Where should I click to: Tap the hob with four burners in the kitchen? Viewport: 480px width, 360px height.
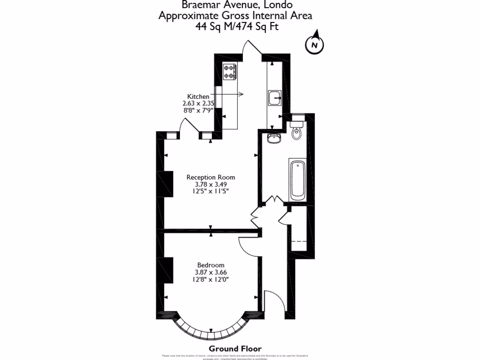(230, 71)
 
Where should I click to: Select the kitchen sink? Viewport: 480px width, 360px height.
(274, 97)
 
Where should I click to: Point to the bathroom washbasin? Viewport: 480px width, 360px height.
(273, 137)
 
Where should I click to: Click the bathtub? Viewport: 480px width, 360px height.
(297, 179)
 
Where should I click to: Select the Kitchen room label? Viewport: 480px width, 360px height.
(198, 96)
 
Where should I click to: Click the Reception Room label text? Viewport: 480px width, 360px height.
(210, 177)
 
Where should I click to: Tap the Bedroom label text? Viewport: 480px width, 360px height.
(210, 265)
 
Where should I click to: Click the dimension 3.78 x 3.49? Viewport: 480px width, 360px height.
(210, 184)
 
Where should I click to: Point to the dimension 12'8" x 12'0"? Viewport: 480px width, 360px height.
(210, 279)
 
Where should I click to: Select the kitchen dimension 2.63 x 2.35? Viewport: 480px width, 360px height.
(198, 104)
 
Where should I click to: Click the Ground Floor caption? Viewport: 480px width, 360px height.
(235, 348)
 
